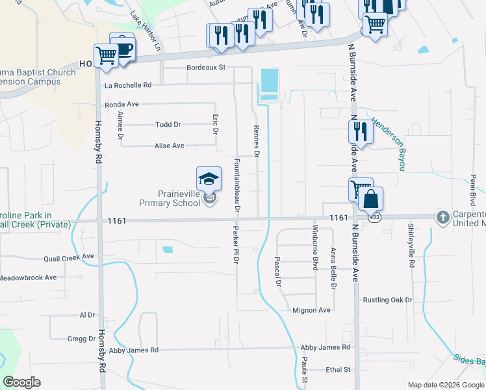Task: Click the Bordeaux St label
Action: [x=205, y=67]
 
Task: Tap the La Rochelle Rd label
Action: [x=128, y=85]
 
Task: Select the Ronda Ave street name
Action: [x=122, y=104]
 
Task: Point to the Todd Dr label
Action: [x=168, y=125]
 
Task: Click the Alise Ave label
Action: [x=169, y=146]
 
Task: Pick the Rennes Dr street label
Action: [x=256, y=142]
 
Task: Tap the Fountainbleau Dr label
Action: [x=237, y=185]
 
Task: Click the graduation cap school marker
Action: [x=209, y=179]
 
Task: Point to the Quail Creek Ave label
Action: [x=69, y=257]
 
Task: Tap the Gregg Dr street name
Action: [x=81, y=339]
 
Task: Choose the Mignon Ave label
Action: [x=311, y=311]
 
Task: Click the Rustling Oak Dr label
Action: [x=387, y=300]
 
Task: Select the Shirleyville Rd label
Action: [x=411, y=246]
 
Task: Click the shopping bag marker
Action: [x=370, y=198]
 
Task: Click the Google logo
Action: [x=21, y=382]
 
